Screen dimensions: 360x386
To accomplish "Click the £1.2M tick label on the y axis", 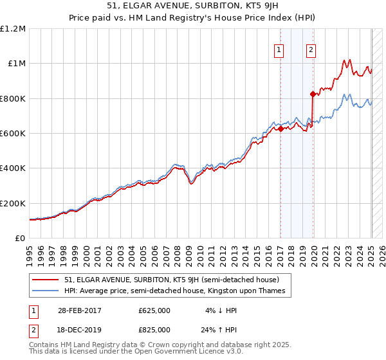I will click(13, 29).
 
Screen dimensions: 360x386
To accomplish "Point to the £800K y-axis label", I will click(13, 98).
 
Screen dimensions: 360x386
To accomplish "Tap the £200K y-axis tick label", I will click(13, 203).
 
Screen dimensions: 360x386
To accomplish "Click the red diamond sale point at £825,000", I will click(313, 94).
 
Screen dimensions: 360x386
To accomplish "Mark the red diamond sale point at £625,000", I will click(280, 129).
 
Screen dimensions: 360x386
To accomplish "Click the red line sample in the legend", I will click(46, 280).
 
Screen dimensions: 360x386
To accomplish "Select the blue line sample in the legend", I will click(46, 291).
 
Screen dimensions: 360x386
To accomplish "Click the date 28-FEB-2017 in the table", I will click(80, 310).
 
